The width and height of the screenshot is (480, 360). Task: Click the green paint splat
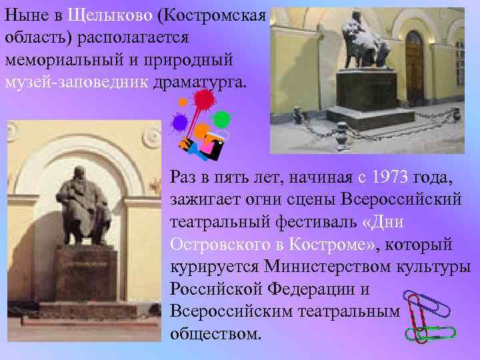(221, 119)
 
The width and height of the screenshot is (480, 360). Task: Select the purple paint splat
(179, 122)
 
